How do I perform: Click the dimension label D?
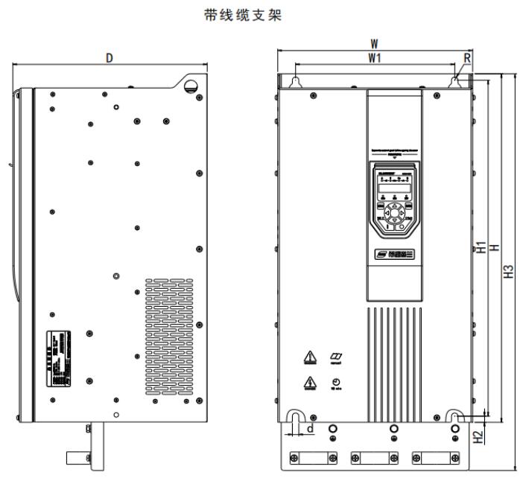(x=110, y=58)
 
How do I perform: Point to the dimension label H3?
(x=509, y=273)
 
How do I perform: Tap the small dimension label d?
(x=310, y=428)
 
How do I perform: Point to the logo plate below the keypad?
(x=393, y=255)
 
